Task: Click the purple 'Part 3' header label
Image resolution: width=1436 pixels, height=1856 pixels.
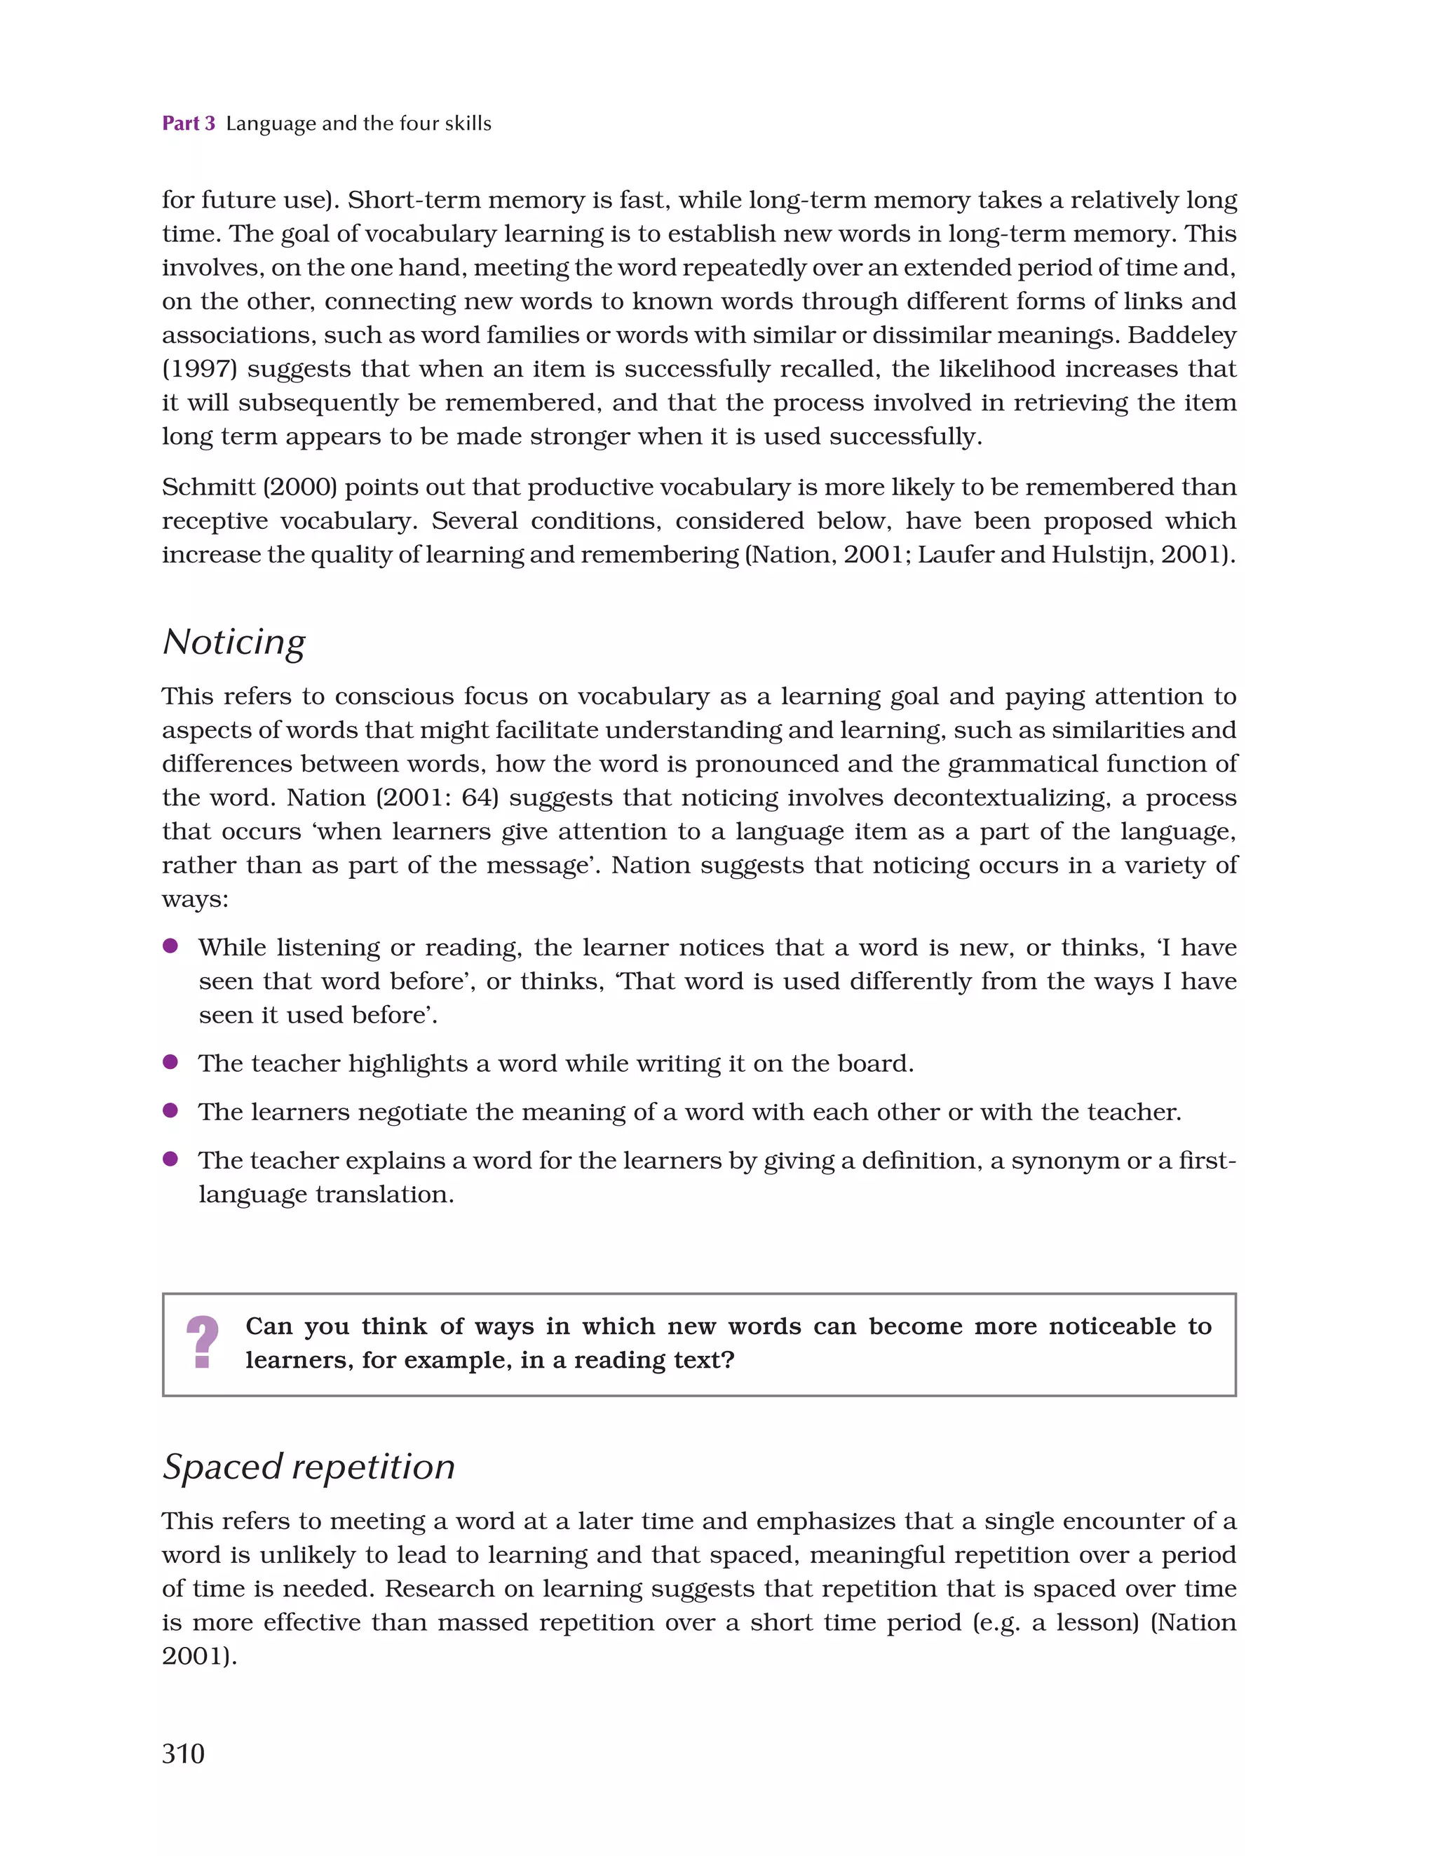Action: [188, 123]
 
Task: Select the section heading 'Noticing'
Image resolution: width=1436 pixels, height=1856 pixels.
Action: [233, 643]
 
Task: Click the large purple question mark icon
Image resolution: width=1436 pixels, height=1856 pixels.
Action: [202, 1342]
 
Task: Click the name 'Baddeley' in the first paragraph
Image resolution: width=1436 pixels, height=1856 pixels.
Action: [1181, 335]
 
